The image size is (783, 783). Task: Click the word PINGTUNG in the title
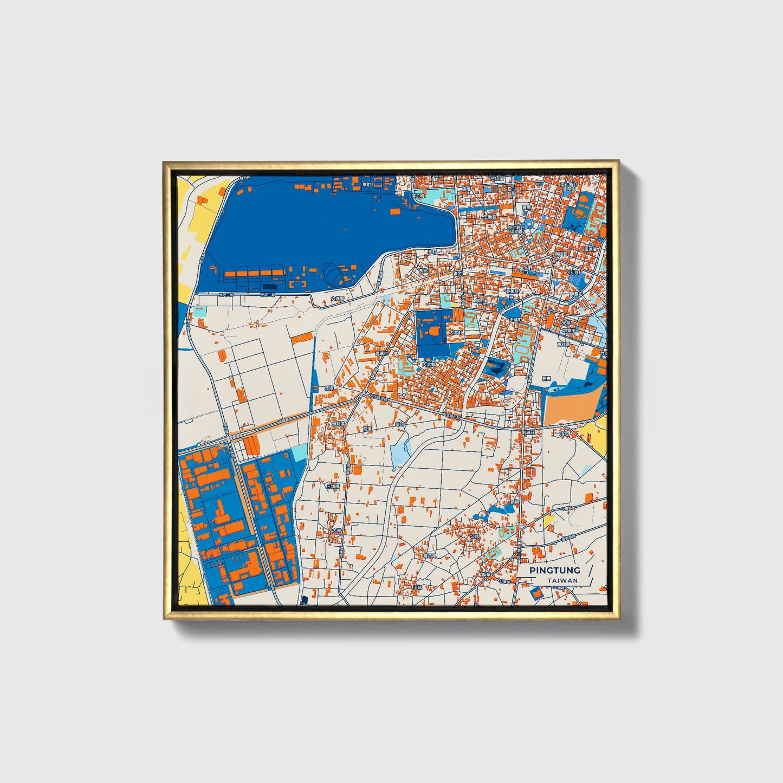click(554, 570)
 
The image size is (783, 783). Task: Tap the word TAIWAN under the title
click(562, 581)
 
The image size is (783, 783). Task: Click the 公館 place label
click(474, 536)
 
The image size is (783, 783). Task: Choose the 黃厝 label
click(526, 207)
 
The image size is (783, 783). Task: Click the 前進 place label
click(368, 428)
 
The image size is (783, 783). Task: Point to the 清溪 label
click(328, 388)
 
